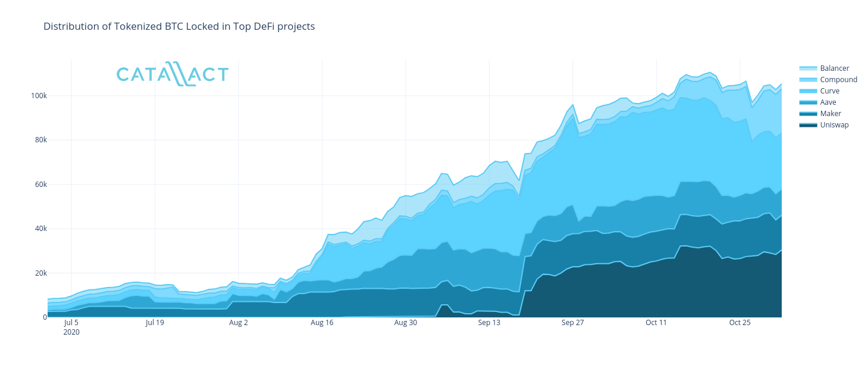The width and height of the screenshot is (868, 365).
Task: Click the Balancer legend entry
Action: tap(834, 68)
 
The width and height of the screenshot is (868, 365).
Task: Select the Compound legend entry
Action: tap(838, 80)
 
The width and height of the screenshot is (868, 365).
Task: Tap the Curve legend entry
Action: tap(829, 91)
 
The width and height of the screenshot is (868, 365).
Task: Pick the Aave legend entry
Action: tap(828, 102)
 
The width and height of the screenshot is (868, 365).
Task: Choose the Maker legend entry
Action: tap(830, 114)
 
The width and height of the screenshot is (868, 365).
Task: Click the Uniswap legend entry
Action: tap(834, 125)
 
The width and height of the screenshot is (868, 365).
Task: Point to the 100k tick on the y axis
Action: tap(39, 96)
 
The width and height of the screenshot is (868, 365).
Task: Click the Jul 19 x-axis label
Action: tap(155, 323)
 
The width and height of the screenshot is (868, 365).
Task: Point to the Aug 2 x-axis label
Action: tap(239, 323)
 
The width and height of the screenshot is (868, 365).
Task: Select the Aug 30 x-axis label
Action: tap(405, 323)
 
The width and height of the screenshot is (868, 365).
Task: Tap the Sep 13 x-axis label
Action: tap(489, 323)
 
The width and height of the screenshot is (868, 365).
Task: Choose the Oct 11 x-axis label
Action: tap(656, 323)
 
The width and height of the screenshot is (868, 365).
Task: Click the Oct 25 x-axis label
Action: tap(739, 323)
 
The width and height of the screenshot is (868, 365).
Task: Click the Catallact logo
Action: tap(173, 74)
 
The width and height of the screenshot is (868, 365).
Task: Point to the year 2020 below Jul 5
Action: tap(71, 332)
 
